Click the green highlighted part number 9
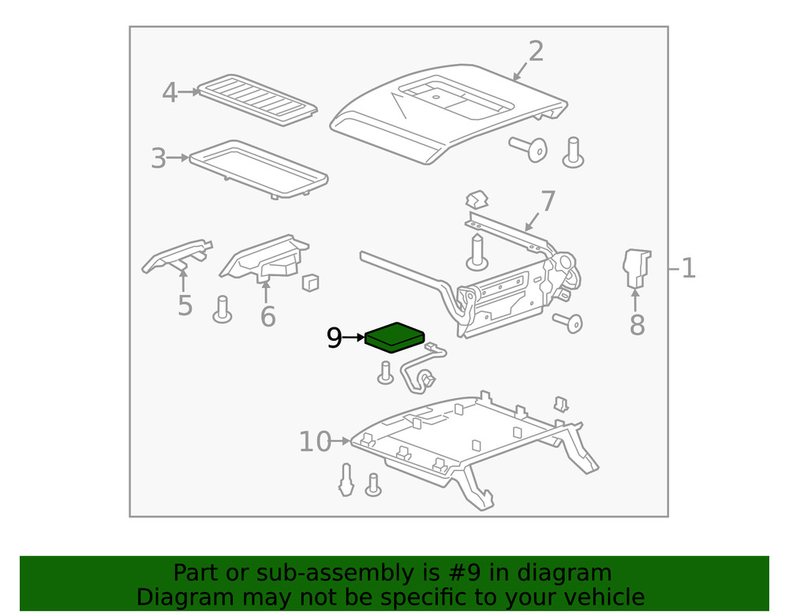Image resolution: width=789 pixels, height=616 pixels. coord(394,337)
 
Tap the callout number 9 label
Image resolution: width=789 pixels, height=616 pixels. coord(334,338)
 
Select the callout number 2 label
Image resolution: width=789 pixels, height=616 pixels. coord(536,51)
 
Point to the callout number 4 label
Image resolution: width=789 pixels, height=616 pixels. coord(170,93)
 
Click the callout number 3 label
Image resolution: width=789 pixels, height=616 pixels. coord(159,159)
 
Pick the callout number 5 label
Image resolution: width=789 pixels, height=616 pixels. coord(185,305)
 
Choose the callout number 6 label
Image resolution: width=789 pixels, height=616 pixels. coord(268,316)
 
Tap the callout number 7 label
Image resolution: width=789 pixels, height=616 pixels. coord(548,202)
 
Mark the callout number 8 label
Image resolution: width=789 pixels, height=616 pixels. coord(637,324)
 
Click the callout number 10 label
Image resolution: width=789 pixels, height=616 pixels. coord(315,442)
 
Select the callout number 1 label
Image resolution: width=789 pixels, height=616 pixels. coord(688,269)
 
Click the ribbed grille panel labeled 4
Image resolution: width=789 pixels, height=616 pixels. coord(256,99)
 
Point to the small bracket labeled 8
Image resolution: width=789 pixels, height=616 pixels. coord(636,267)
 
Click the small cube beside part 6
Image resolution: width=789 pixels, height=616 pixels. coord(310,282)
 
